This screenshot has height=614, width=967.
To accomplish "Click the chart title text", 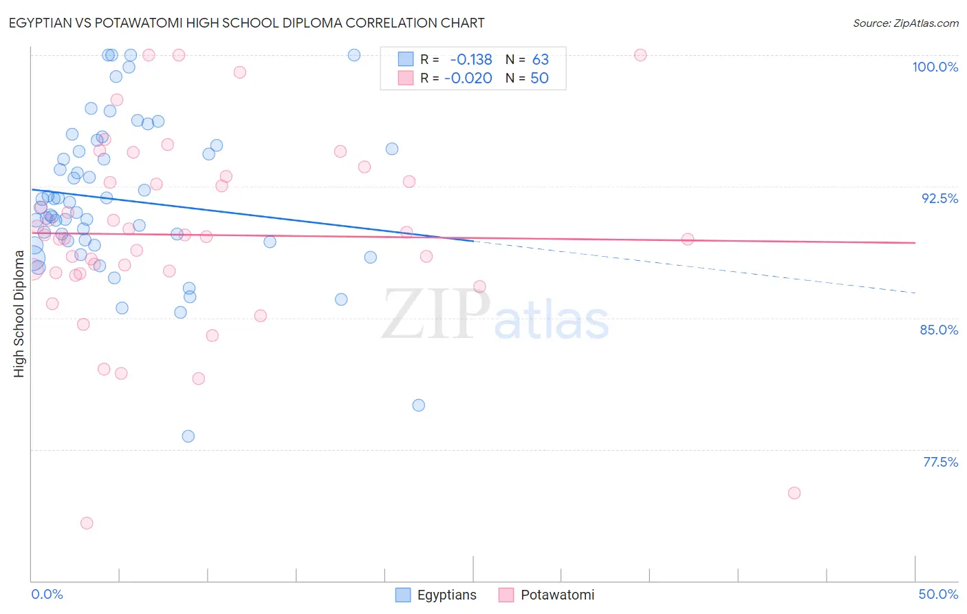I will click(246, 23).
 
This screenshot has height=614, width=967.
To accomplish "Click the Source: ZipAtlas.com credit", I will click(905, 23).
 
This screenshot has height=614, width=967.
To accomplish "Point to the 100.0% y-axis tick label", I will click(935, 67).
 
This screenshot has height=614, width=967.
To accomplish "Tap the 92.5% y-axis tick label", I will click(939, 198).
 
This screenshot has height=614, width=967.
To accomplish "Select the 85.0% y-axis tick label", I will click(939, 330).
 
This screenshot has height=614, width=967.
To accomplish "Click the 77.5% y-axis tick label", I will click(940, 462).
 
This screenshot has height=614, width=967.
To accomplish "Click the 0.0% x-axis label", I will click(47, 594).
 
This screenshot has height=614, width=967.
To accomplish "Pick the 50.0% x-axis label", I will click(938, 594).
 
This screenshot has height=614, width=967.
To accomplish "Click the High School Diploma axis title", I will click(19, 313).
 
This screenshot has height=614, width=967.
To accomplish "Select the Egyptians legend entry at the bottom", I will click(437, 595).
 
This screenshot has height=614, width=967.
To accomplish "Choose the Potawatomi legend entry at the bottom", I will click(547, 595).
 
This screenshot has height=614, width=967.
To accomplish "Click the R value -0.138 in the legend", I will click(470, 60).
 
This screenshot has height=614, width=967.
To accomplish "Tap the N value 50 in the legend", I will click(539, 78).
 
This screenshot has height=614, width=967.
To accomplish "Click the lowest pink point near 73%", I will click(87, 523).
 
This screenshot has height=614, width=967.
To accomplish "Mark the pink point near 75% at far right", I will click(794, 493).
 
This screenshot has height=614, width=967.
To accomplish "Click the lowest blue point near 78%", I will click(188, 436).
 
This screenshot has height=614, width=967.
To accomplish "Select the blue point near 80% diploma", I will click(419, 405).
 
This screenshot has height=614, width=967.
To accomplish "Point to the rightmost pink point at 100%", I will click(640, 55).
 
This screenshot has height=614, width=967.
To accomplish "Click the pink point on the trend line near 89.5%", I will click(688, 240).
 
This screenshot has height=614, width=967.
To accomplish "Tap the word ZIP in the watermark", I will click(436, 315).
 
